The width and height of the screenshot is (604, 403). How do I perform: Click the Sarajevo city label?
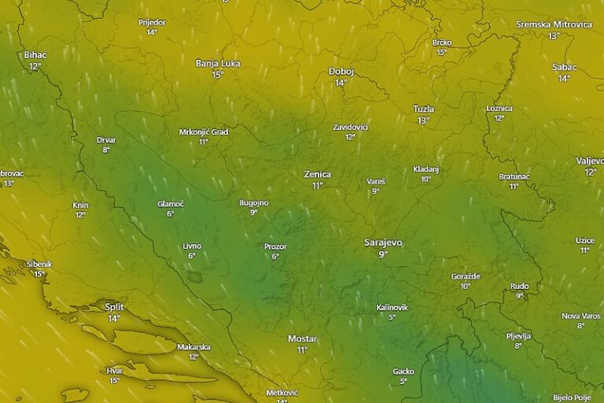pyautogui.click(x=383, y=242)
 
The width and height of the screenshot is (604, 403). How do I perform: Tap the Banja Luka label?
pyautogui.click(x=218, y=63)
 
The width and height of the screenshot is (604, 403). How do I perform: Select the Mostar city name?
pyautogui.click(x=302, y=338)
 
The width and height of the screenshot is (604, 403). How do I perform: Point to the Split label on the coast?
pyautogui.click(x=115, y=307)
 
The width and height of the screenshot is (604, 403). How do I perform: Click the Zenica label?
pyautogui.click(x=318, y=174)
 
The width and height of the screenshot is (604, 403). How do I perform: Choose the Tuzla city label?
pyautogui.click(x=423, y=109)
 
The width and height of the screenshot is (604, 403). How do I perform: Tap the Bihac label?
pyautogui.click(x=35, y=55)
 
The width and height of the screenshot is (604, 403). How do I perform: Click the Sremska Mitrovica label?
pyautogui.click(x=554, y=24)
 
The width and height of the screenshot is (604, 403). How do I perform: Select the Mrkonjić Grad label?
pyautogui.click(x=204, y=131)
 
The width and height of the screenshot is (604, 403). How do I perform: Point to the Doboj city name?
pyautogui.click(x=341, y=71)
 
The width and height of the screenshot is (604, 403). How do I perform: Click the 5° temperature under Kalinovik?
pyautogui.click(x=392, y=317)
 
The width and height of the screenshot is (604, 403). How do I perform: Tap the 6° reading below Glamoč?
pyautogui.click(x=170, y=214)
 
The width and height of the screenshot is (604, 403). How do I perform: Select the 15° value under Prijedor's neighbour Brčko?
pyautogui.click(x=441, y=53)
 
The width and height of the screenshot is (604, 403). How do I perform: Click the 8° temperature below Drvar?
pyautogui.click(x=106, y=150)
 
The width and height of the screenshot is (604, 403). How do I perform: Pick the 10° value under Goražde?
pyautogui.click(x=466, y=287)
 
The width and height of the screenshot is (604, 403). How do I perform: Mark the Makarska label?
pyautogui.click(x=193, y=346)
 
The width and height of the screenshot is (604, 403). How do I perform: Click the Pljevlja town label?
pyautogui.click(x=518, y=335)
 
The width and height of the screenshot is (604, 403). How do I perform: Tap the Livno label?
pyautogui.click(x=192, y=246)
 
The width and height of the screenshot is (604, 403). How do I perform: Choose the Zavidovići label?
pyautogui.click(x=350, y=126)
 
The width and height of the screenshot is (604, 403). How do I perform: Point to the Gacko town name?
pyautogui.click(x=403, y=371)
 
